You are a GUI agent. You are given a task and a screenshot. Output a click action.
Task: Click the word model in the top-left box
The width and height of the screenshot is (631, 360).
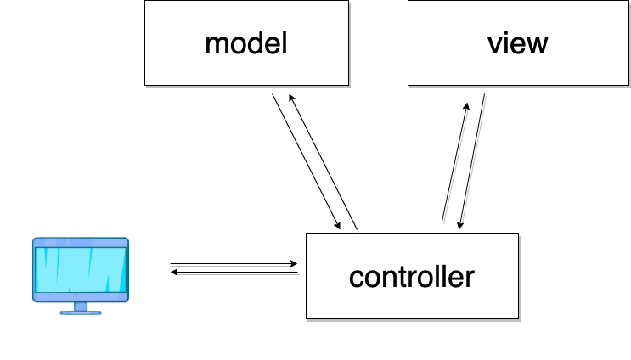click(x=246, y=43)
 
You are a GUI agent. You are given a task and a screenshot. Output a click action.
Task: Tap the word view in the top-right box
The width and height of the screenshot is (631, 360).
click(x=518, y=43)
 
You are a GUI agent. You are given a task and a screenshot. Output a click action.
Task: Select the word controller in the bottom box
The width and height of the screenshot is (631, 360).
click(x=412, y=277)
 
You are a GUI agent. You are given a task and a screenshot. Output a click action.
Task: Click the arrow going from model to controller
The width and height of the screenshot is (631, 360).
click(x=306, y=161)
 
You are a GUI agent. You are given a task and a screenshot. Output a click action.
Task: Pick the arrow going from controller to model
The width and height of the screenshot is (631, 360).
click(x=323, y=161)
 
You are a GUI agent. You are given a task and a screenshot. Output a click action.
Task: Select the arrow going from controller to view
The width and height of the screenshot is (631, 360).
click(x=455, y=161)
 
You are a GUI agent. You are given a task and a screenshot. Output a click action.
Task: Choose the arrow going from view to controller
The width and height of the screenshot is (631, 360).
click(x=472, y=161)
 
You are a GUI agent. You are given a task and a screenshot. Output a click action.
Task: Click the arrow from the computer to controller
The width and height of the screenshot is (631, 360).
click(x=234, y=263)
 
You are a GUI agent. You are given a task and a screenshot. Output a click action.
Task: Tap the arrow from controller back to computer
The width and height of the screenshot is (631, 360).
click(x=234, y=273)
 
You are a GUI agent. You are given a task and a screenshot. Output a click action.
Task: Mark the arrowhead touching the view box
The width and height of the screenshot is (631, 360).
click(x=467, y=105)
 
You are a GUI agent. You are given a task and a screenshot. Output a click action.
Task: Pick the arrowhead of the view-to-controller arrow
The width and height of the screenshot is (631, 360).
click(x=460, y=225)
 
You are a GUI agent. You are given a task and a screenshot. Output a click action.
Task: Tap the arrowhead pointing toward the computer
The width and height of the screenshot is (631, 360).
click(x=174, y=273)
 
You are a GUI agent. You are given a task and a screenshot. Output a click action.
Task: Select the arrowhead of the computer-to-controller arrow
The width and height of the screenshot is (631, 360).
click(x=294, y=263)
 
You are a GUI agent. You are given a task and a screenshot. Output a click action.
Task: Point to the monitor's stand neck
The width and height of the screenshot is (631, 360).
click(x=80, y=305)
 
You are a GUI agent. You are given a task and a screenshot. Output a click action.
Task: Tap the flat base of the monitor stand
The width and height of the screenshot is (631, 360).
click(x=80, y=312)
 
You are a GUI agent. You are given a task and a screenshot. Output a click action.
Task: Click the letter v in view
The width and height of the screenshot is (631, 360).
click(x=493, y=44)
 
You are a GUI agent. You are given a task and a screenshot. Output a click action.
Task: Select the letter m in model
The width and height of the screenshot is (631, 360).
click(x=216, y=44)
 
